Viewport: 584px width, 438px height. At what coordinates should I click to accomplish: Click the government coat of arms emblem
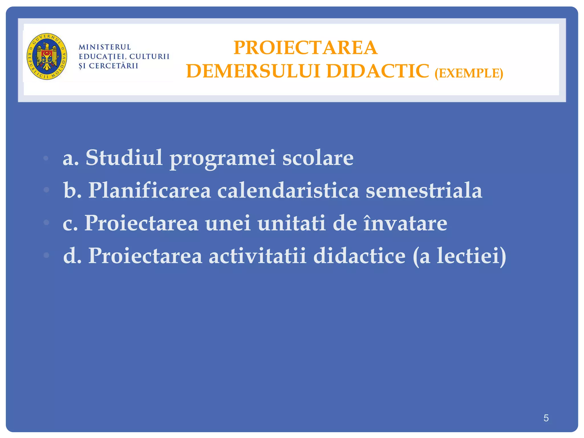47,56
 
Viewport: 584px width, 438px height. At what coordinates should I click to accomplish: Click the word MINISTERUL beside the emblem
105,47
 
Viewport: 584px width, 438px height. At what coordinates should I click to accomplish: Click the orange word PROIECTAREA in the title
305,48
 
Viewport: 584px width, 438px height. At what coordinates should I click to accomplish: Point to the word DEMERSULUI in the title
253,71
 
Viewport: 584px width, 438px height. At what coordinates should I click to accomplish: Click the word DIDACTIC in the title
378,71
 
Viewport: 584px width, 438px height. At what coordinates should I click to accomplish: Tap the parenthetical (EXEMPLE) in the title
469,73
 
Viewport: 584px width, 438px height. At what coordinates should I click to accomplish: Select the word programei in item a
223,159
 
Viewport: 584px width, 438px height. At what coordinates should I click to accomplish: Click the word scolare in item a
318,158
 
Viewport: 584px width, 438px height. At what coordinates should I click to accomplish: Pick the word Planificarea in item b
149,190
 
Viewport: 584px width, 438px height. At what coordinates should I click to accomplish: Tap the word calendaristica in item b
288,190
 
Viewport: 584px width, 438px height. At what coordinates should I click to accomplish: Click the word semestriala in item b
424,190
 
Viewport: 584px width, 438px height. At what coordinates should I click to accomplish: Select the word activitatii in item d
257,255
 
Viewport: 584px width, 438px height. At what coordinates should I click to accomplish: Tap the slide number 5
546,418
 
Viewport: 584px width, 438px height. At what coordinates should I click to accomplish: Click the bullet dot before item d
46,255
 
